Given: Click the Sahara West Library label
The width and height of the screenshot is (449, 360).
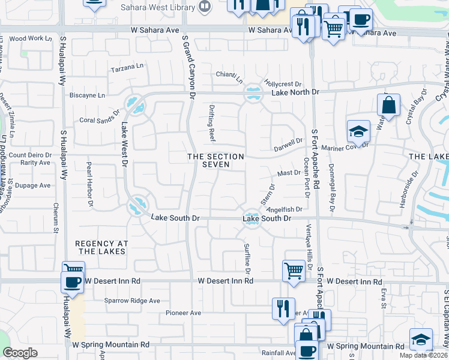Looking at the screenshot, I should click(x=158, y=8).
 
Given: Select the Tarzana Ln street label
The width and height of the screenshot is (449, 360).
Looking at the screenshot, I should click(x=128, y=69).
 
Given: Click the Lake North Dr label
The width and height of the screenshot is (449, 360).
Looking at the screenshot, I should click(x=295, y=92).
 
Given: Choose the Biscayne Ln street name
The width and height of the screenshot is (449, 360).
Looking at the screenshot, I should click(x=87, y=95).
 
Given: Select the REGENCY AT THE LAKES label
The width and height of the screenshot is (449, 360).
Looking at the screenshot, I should click(x=101, y=247).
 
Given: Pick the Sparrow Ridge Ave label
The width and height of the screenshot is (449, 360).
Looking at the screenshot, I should click(x=132, y=301).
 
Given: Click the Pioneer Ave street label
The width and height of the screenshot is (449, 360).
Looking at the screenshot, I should click(x=184, y=313).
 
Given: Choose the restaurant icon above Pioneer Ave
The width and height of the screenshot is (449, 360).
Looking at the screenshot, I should click(x=283, y=308).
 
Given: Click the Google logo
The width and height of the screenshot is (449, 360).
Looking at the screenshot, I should click(x=20, y=353).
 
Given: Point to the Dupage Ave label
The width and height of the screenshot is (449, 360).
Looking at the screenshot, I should click(x=32, y=185).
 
